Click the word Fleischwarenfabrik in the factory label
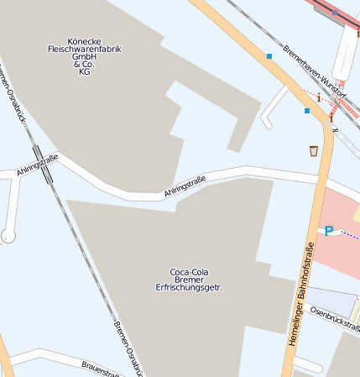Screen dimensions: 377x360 [84, 49]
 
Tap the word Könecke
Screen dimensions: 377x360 [84, 40]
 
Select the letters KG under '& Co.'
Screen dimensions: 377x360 [84, 72]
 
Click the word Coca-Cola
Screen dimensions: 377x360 [189, 271]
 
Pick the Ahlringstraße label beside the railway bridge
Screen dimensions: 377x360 [38, 165]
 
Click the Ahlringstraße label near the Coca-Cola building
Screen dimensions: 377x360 [185, 186]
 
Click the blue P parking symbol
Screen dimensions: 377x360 [329, 231]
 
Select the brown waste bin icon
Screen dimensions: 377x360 [313, 150]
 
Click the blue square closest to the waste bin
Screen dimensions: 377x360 [306, 110]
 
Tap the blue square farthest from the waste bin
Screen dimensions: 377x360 [269, 56]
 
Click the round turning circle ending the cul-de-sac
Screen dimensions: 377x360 [8, 236]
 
